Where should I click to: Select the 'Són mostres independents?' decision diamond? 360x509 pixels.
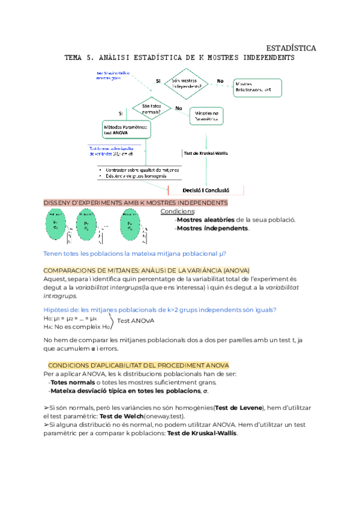(187, 84)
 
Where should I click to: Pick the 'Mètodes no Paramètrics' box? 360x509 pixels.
(206, 116)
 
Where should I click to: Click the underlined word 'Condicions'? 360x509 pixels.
(178, 211)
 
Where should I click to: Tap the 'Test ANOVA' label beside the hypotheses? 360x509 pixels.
(136, 321)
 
